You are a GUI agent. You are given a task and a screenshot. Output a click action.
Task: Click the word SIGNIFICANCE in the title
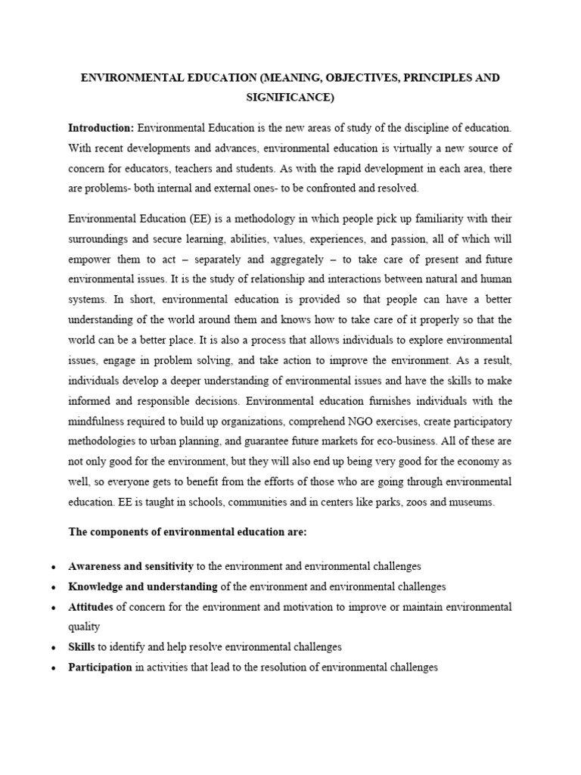point(290,98)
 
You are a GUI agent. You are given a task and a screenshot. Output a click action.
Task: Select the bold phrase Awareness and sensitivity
point(131,566)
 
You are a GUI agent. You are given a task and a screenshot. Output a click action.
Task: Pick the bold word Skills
point(82,647)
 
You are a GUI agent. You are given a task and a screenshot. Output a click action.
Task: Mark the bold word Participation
point(100,668)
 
